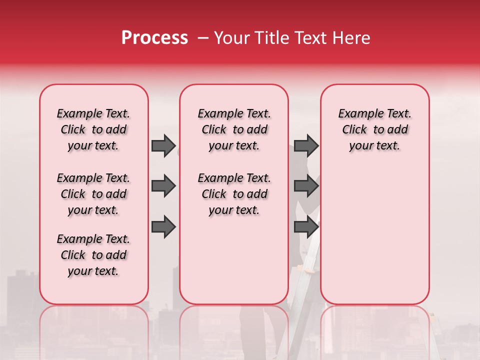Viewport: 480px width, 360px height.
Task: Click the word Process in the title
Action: [x=154, y=38]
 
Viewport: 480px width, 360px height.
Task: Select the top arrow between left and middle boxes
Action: [x=163, y=145]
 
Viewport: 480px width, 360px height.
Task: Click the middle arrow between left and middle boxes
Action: [x=163, y=186]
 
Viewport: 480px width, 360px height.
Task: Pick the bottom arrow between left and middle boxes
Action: [x=163, y=227]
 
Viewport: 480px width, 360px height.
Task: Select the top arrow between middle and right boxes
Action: [x=306, y=145]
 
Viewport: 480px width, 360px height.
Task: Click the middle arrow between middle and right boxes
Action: [x=306, y=186]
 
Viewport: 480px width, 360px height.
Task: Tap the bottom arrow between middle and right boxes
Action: [x=306, y=227]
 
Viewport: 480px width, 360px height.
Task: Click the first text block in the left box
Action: [x=93, y=129]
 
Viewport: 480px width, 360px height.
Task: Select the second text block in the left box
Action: [x=93, y=194]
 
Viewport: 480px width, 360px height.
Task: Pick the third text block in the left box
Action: [x=93, y=255]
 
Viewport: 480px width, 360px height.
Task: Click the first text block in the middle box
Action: [x=234, y=129]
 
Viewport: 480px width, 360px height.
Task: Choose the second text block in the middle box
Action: [x=234, y=194]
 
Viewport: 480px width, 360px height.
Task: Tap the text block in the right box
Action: [x=374, y=129]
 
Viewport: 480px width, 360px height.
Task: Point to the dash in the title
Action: [x=203, y=38]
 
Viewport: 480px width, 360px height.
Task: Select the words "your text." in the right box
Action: [x=374, y=146]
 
